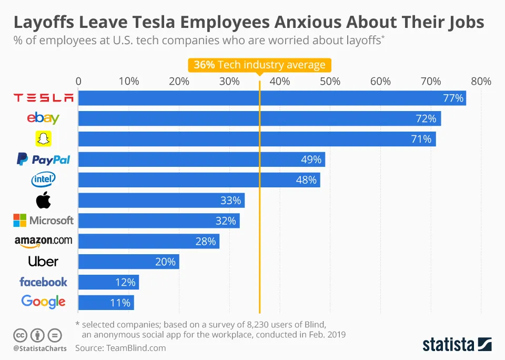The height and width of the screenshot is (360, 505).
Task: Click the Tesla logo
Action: click(x=44, y=98)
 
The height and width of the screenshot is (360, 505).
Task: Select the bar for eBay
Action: click(x=259, y=118)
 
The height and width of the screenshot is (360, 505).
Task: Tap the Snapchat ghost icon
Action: click(x=44, y=139)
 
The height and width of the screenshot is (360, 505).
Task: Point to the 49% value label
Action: click(x=311, y=159)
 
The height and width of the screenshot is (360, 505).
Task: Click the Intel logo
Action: click(x=44, y=180)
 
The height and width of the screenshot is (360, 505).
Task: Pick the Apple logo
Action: click(x=43, y=200)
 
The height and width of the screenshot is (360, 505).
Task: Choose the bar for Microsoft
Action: click(x=159, y=221)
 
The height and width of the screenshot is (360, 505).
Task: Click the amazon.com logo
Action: click(x=44, y=241)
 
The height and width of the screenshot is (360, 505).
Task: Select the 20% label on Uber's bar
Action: click(x=165, y=262)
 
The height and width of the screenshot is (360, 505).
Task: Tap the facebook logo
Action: click(x=44, y=282)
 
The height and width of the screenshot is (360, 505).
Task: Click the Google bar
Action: click(x=106, y=303)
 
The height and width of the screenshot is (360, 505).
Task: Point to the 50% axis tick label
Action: click(x=330, y=82)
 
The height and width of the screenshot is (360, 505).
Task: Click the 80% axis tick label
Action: click(x=481, y=82)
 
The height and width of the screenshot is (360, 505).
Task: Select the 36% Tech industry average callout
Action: click(x=259, y=65)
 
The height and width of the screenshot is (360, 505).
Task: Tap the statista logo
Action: click(x=457, y=345)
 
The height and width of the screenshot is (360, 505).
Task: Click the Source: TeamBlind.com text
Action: click(x=120, y=348)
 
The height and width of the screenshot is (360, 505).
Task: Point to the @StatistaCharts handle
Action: click(x=40, y=348)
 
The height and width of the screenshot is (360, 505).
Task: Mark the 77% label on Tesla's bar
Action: click(x=453, y=98)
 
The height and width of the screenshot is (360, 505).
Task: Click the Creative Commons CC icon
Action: click(x=21, y=335)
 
